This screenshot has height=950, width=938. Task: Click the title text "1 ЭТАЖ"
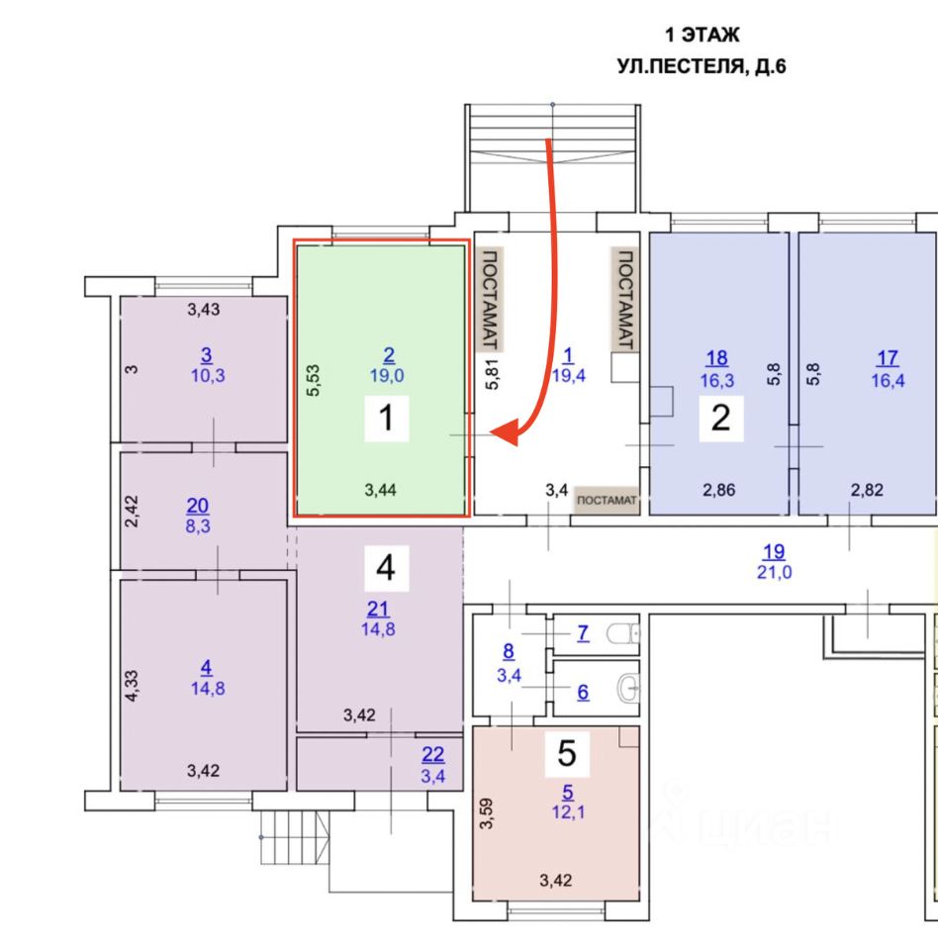click(702, 37)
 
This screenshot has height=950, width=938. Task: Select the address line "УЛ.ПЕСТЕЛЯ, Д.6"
click(701, 68)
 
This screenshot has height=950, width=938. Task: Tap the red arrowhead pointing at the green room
click(507, 432)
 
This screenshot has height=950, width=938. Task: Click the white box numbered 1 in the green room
click(387, 420)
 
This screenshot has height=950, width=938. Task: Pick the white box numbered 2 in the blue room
click(720, 418)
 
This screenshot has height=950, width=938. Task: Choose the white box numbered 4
click(386, 567)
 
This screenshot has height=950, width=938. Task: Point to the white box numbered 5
click(567, 754)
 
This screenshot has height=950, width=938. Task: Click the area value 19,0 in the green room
click(388, 375)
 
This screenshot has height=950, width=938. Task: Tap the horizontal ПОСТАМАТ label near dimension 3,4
click(608, 501)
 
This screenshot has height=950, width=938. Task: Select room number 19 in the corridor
click(773, 552)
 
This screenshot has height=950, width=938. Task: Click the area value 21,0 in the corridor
click(773, 571)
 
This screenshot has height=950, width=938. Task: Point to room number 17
click(887, 357)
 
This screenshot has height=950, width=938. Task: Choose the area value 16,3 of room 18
click(717, 377)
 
